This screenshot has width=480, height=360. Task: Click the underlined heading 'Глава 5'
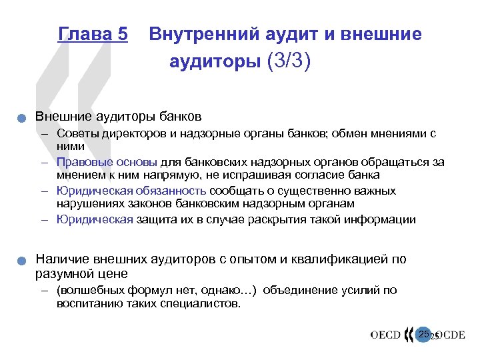93,34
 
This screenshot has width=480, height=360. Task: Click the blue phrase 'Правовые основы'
107,162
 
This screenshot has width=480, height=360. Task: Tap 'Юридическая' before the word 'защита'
95,219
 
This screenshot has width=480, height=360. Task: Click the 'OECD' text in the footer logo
386,335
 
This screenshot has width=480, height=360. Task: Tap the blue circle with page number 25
424,333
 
